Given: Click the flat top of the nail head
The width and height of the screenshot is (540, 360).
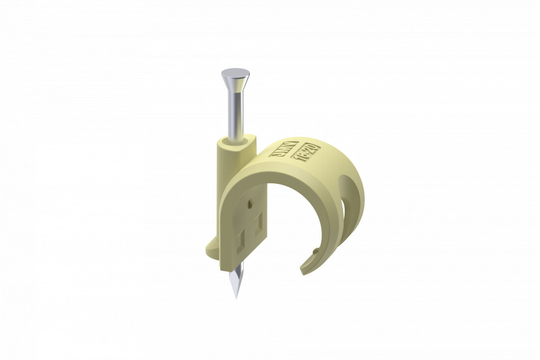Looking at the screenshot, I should pyautogui.click(x=235, y=73).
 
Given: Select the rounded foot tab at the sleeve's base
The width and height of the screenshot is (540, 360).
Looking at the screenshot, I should pyautogui.click(x=212, y=248).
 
